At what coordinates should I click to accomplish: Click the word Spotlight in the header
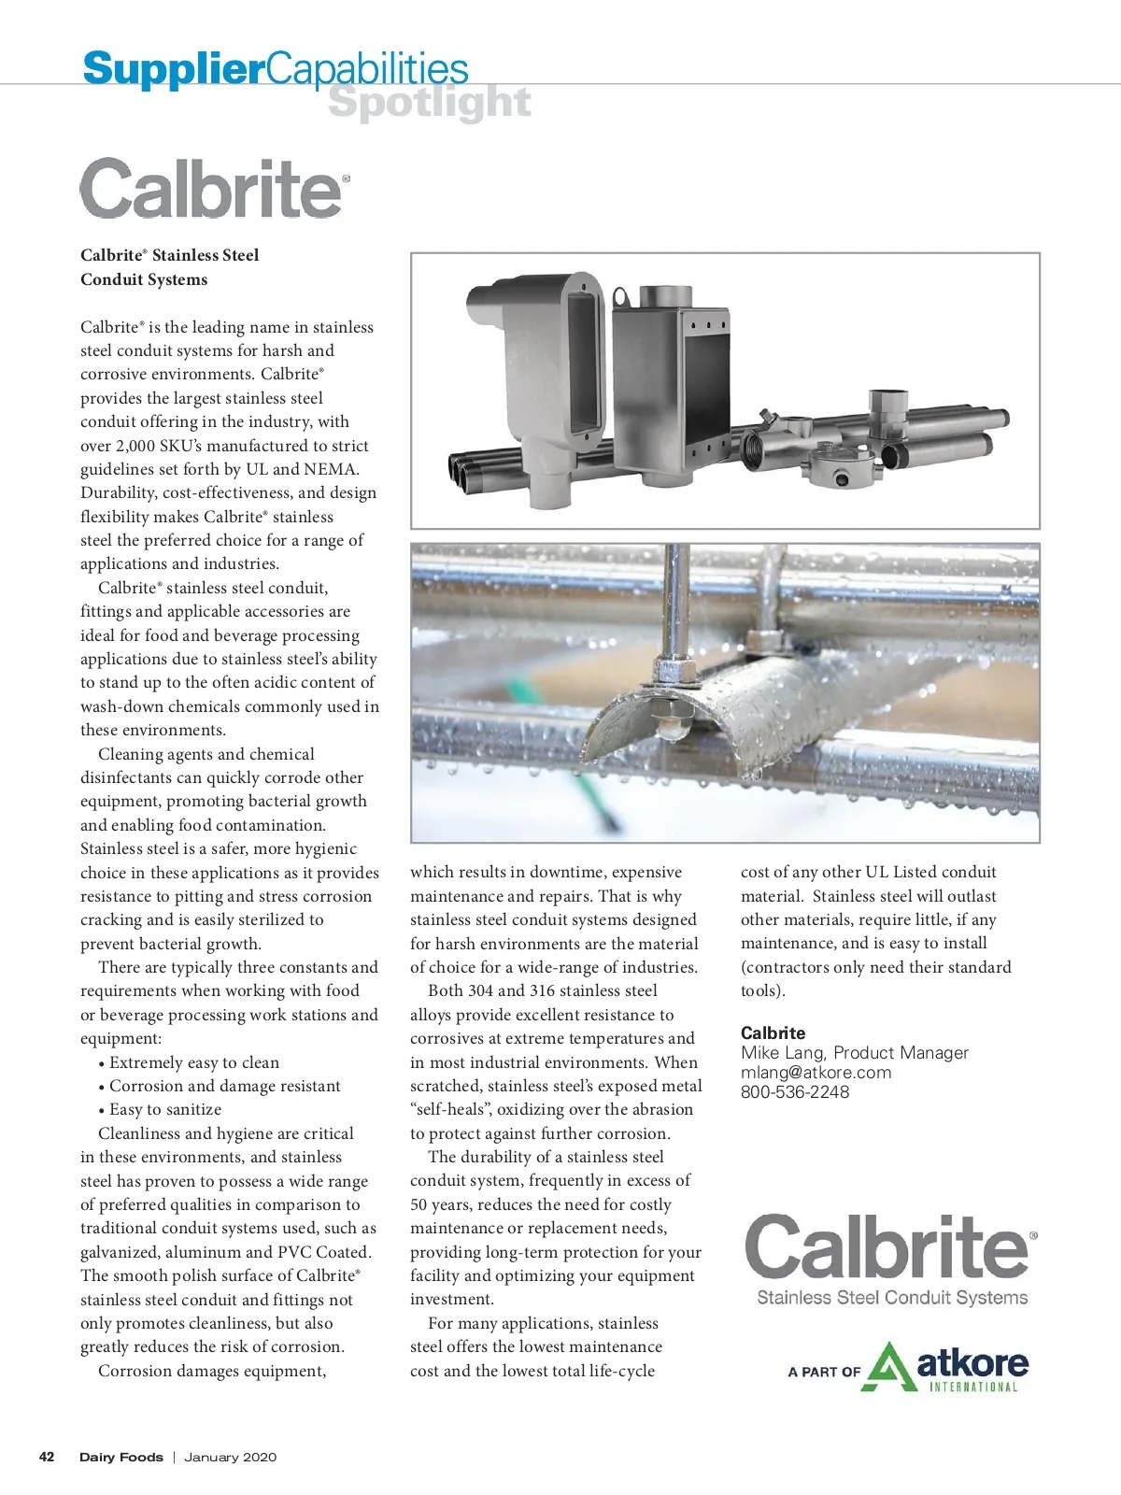[x=430, y=103]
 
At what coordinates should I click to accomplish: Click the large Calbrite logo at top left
[x=214, y=188]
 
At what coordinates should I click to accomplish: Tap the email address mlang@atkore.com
[x=816, y=1073]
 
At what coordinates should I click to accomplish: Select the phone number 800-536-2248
[x=795, y=1092]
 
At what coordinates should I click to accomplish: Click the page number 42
[x=47, y=1457]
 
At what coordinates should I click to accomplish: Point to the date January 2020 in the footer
[x=230, y=1457]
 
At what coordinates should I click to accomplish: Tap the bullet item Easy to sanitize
[x=165, y=1110]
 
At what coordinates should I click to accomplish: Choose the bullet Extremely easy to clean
[x=194, y=1062]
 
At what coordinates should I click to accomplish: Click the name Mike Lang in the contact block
[x=782, y=1053]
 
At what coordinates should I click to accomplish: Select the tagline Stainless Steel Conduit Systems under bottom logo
[x=891, y=1298]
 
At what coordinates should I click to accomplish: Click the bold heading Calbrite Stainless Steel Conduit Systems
[x=169, y=267]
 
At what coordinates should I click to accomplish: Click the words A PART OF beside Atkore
[x=823, y=1372]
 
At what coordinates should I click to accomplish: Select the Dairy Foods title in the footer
[x=121, y=1457]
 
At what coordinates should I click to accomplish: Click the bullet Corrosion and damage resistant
[x=224, y=1086]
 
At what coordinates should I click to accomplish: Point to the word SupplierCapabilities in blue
[x=276, y=68]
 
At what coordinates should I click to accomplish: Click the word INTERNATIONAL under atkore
[x=972, y=1388]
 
